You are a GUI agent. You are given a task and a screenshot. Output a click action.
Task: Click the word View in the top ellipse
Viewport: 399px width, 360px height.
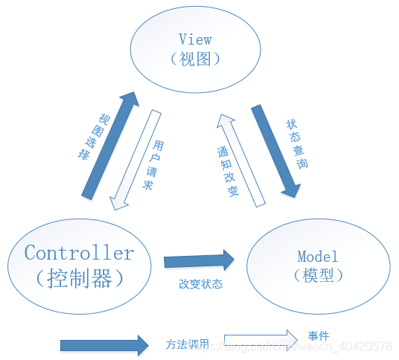195,39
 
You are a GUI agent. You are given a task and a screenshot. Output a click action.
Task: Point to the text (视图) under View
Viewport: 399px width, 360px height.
195,60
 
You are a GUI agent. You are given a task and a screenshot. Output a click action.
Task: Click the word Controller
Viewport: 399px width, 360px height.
79,253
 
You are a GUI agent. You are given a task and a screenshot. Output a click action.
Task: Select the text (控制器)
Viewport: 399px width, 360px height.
79,278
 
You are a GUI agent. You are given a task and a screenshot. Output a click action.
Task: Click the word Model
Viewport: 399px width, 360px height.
318,257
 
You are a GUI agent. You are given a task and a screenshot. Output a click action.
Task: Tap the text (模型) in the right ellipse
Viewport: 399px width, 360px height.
318,274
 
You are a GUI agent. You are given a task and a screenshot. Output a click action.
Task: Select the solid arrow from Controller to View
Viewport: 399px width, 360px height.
109,145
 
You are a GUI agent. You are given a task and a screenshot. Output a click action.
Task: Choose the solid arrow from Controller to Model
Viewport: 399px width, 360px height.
199,260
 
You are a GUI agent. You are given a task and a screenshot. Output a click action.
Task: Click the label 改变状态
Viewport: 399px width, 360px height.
200,283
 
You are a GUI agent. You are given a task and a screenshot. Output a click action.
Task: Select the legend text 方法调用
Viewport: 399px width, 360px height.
182,344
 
